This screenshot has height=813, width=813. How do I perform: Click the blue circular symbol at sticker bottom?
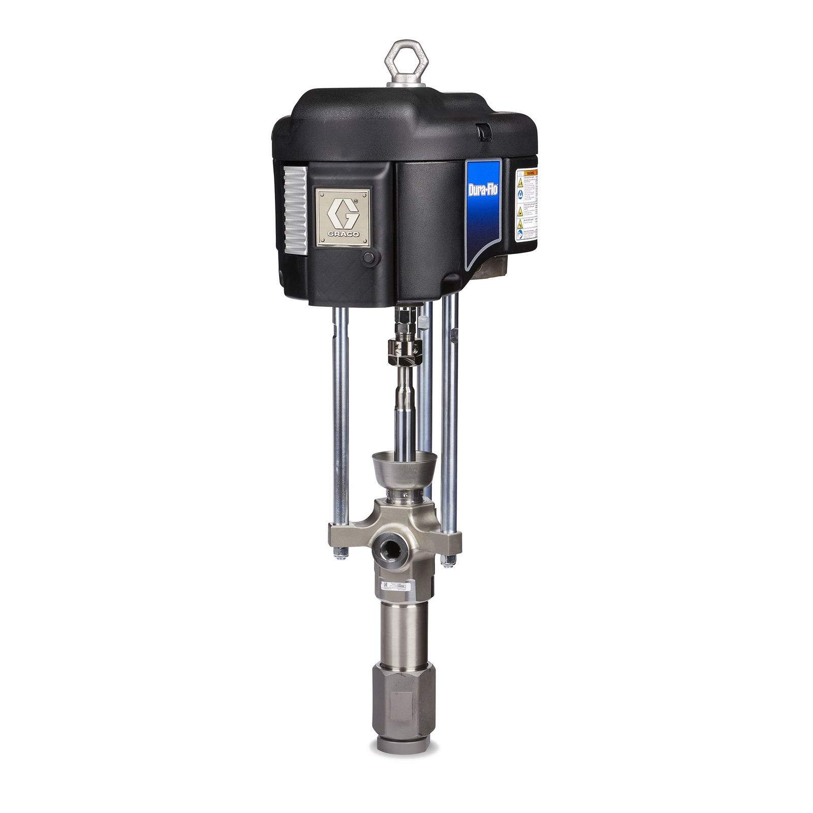click(x=520, y=234)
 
